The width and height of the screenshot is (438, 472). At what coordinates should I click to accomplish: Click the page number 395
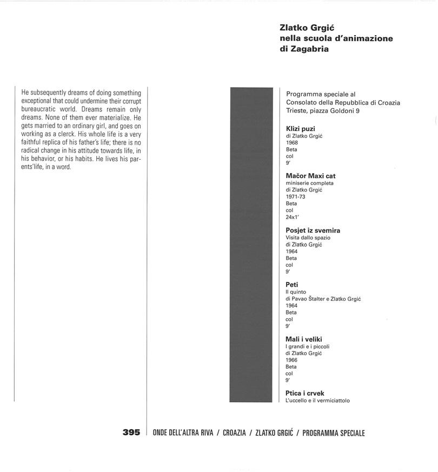tap(131, 432)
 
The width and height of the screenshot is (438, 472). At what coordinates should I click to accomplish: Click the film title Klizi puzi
tap(301, 128)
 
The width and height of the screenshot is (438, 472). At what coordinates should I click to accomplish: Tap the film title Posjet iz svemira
tap(313, 230)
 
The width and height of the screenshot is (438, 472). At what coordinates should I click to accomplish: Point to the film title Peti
tap(292, 285)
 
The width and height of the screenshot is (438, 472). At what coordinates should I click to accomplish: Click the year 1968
tap(292, 142)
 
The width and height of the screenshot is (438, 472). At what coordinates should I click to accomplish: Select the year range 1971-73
tap(295, 197)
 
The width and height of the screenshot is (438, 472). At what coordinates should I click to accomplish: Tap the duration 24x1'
tap(293, 217)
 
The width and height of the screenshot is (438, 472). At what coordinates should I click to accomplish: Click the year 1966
tap(292, 360)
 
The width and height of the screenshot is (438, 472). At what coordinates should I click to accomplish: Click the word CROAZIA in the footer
tap(234, 433)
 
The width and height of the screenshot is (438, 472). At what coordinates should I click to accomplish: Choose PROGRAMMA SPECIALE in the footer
tap(334, 433)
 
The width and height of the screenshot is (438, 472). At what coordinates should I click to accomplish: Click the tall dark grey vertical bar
tap(251, 244)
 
